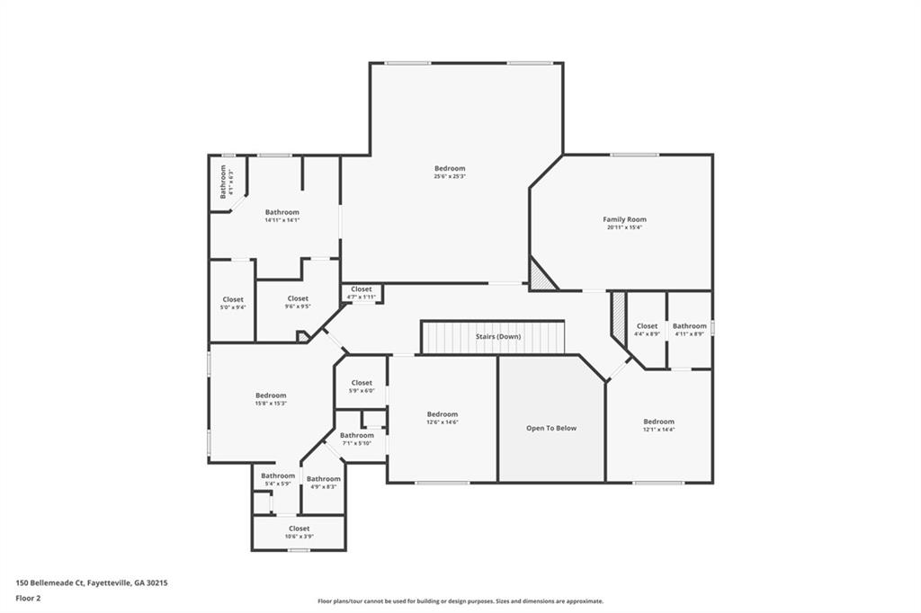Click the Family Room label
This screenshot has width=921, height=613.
624,219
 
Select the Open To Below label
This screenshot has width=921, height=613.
551,428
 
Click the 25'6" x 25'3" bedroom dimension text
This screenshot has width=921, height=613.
450,177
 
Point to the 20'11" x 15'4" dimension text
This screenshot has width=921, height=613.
624,227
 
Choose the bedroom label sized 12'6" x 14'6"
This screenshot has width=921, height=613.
442,414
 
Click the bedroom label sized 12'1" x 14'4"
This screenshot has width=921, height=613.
658,422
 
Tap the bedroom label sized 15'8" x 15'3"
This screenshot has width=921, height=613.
271,395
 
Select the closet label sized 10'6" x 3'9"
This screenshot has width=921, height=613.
299,529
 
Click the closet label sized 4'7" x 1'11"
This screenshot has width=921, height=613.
362,289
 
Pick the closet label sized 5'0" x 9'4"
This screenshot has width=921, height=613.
233,299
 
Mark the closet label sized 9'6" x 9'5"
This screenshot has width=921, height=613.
298,298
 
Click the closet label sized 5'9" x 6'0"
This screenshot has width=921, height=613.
362,383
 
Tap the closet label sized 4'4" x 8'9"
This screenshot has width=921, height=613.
647,326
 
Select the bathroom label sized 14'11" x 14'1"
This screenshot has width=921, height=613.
282,212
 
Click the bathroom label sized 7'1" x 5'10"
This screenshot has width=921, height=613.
357,435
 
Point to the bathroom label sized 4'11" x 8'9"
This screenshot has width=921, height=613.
690,326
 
